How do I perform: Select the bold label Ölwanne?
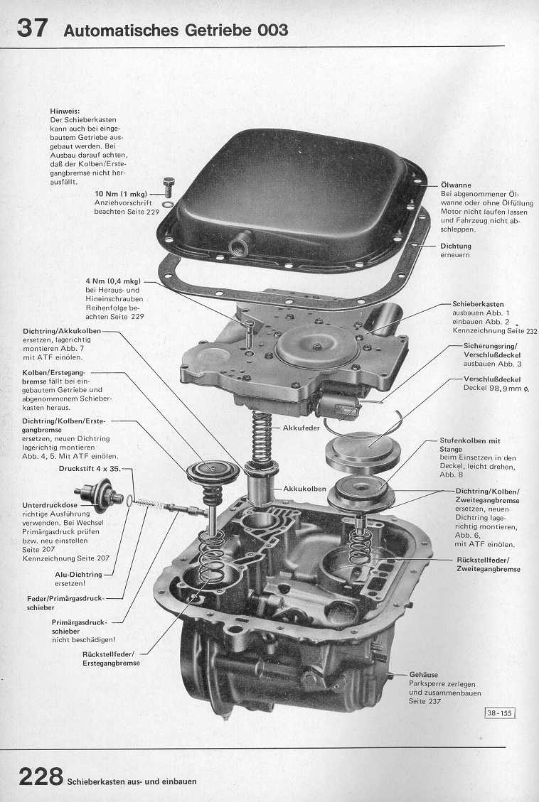(x=456, y=185)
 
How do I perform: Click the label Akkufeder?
(x=302, y=428)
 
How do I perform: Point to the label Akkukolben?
(x=304, y=489)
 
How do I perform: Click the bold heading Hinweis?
(x=65, y=112)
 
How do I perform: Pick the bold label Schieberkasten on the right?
(x=478, y=303)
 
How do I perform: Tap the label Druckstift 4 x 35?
(x=90, y=469)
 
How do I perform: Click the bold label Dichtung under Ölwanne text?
(x=456, y=246)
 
